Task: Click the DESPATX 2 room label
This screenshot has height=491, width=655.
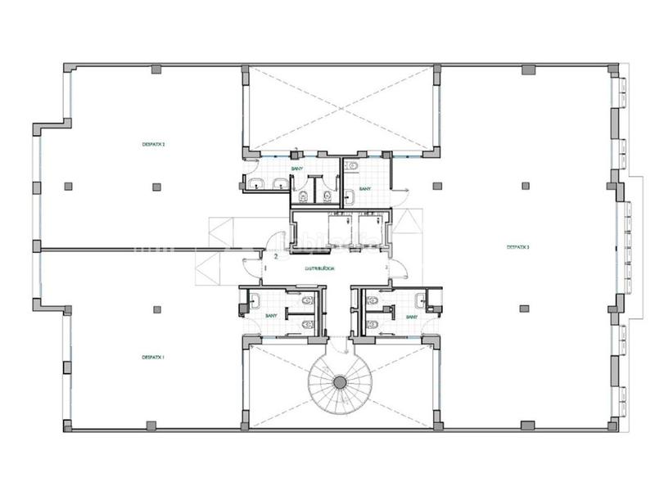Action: (154, 145)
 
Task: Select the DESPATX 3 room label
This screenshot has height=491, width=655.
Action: (517, 246)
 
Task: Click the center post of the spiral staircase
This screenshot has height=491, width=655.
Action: (340, 382)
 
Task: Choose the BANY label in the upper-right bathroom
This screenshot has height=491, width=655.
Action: (365, 189)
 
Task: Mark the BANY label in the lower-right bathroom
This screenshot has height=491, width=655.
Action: (411, 316)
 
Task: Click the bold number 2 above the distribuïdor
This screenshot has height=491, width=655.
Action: (276, 256)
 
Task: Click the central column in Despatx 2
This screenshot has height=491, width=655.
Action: (156, 186)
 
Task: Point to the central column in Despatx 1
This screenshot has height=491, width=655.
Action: (156, 309)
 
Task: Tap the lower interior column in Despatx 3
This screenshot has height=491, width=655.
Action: (523, 309)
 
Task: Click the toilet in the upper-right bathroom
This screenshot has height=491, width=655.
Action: (350, 195)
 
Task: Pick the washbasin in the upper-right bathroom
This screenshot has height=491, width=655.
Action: (350, 167)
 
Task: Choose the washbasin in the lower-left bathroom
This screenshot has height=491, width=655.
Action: (255, 300)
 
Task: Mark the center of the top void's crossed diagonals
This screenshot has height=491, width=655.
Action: (341, 107)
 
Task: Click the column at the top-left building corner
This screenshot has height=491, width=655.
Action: (67, 68)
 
